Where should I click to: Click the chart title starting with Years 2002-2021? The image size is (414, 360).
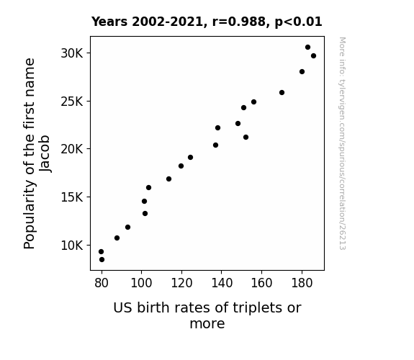tap(207, 22)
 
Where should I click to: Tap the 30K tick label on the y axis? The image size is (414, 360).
tap(72, 53)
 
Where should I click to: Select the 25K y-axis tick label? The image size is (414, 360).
tap(72, 102)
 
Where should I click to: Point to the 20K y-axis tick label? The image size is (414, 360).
tap(72, 149)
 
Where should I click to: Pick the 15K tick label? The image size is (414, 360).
tap(72, 197)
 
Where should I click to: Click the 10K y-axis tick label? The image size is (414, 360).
tap(72, 246)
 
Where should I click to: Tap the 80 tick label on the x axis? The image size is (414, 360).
tap(102, 283)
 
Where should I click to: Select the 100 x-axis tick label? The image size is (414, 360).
tap(142, 283)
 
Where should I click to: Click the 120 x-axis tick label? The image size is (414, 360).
tap(181, 283)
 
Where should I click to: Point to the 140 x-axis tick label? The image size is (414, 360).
tap(222, 283)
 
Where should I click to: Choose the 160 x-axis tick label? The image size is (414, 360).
tap(261, 283)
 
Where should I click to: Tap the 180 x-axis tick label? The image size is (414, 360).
tap(302, 283)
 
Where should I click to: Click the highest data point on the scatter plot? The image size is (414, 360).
tap(307, 48)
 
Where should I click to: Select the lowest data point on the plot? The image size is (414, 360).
tap(102, 260)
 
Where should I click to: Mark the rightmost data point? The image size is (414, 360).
tap(313, 55)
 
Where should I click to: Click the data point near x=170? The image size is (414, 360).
tap(282, 92)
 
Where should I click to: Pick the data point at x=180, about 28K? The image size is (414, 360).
tap(302, 71)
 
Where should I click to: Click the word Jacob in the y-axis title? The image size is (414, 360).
tap(45, 153)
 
